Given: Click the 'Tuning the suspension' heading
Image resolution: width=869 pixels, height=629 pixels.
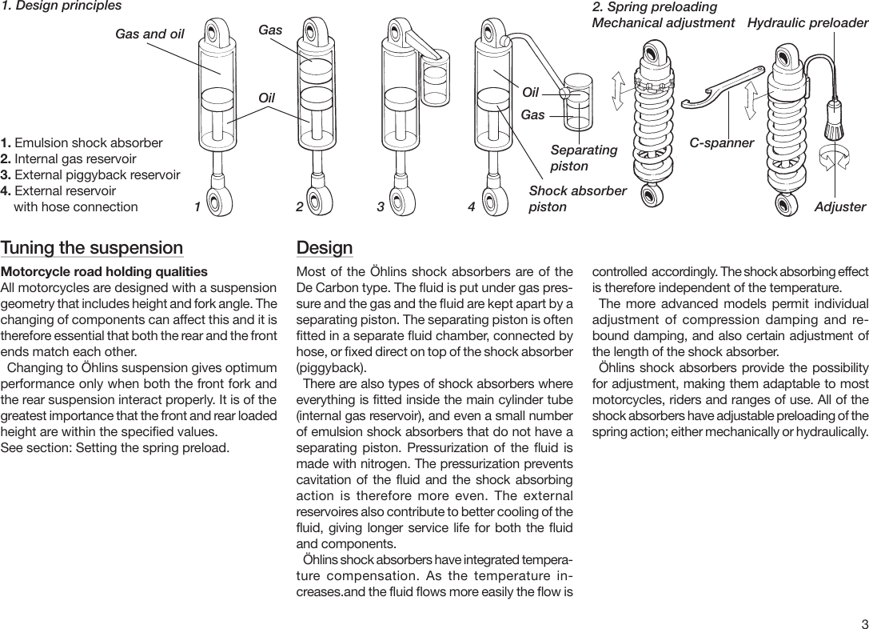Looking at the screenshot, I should tap(92, 248).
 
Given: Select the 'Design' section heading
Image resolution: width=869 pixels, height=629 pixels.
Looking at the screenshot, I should tap(324, 248).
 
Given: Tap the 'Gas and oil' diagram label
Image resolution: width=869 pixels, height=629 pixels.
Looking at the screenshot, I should tap(149, 34).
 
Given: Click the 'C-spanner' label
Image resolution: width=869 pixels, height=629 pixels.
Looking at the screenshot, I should tap(722, 143).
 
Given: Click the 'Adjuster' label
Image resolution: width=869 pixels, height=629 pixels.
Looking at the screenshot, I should tap(839, 207).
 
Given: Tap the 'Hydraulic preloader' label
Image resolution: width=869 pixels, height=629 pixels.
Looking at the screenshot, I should tap(807, 23).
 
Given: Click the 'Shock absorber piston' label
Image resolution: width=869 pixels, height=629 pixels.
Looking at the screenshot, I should tap(577, 198).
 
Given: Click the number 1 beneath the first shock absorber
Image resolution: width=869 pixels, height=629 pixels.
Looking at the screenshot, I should tap(197, 207).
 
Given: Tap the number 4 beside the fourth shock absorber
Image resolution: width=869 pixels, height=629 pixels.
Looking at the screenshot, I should tap(471, 207).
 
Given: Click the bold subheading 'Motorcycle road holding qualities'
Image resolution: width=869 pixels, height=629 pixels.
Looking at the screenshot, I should tap(104, 272).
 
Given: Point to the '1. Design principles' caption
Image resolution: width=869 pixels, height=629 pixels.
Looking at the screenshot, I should tap(62, 6).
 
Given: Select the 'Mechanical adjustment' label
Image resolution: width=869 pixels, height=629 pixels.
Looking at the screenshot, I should tap(663, 23).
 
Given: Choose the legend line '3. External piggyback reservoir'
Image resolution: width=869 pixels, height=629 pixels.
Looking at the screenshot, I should tap(90, 175).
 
